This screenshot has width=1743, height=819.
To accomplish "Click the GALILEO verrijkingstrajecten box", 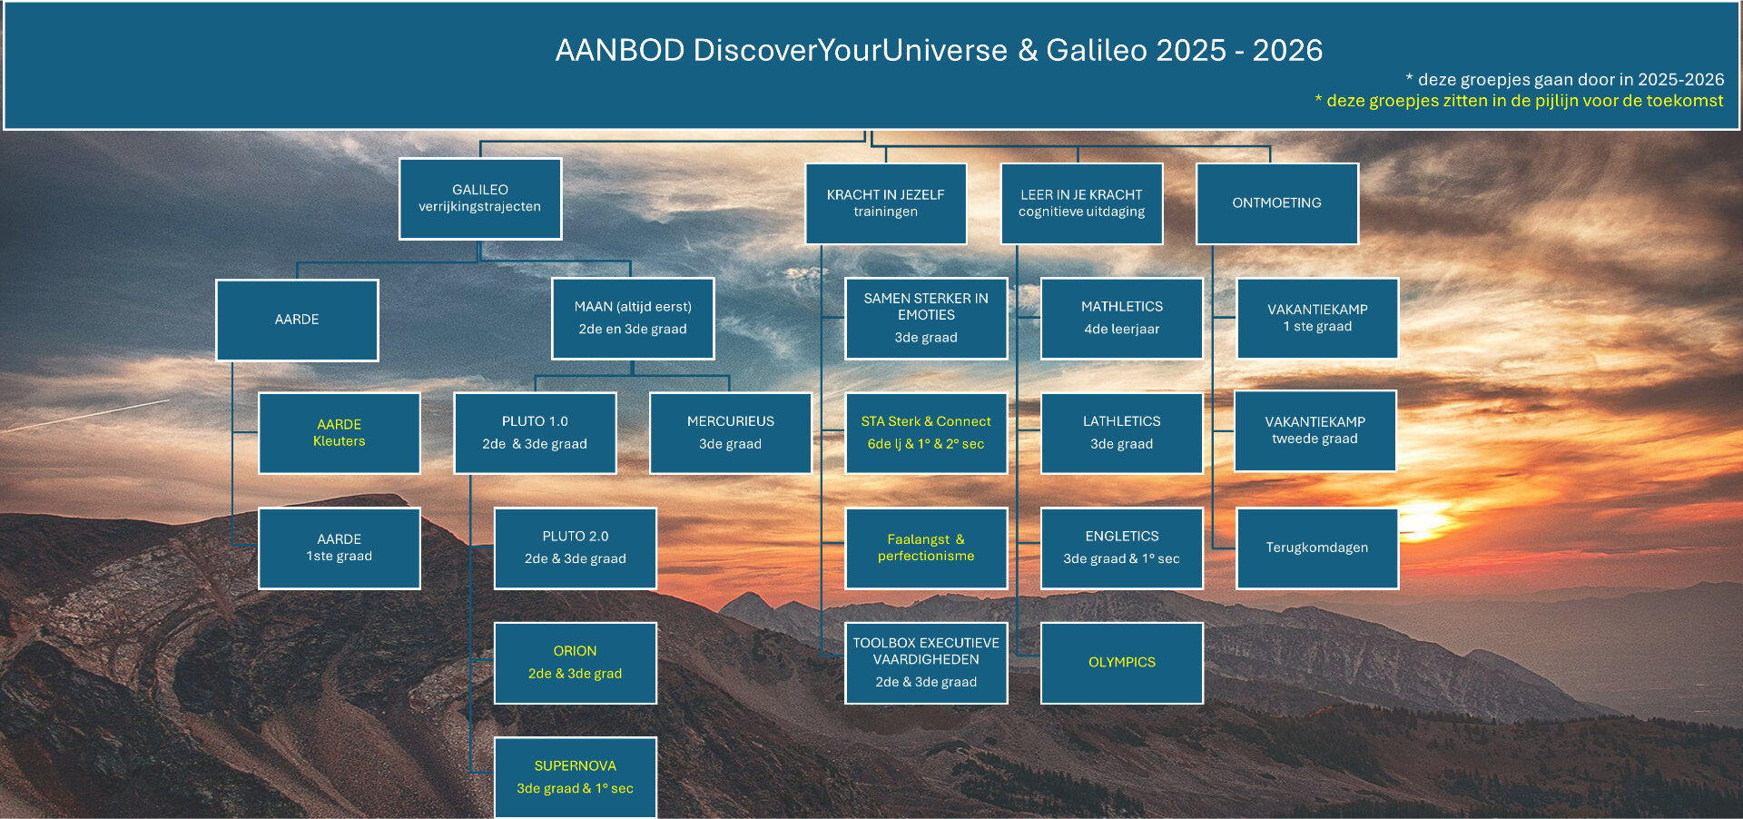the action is coord(480,199).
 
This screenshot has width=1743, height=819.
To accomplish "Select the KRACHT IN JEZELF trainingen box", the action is coord(885,203).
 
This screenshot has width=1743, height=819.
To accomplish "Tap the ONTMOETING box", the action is coord(1277,203).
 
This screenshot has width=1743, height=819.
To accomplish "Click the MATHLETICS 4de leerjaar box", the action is coord(1122,319).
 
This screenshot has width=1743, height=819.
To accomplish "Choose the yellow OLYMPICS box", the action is coord(1122,663).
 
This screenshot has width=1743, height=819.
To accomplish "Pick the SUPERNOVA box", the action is coord(575,777).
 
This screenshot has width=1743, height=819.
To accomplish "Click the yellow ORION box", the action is coord(575,663).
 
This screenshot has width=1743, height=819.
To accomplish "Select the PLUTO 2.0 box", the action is coord(575,548).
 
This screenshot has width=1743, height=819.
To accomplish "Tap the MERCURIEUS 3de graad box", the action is coord(731,433).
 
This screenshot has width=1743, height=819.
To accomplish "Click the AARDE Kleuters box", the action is coord(340,433).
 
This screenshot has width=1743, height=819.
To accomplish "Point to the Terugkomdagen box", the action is coord(1317,548).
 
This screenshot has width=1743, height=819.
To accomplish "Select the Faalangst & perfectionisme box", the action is coord(926,548).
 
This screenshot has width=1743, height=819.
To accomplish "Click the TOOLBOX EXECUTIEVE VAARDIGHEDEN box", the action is coord(926,663).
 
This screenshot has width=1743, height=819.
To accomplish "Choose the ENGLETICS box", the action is coord(1122,548).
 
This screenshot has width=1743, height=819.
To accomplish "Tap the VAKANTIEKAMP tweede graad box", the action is coord(1315,431).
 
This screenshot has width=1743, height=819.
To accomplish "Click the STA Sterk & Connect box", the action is coord(926,433).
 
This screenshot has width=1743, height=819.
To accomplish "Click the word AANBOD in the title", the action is coord(620,50).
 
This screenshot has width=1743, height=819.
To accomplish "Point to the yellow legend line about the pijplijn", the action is coord(1519,101).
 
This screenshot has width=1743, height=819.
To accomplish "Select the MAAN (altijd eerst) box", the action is coord(633,319).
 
